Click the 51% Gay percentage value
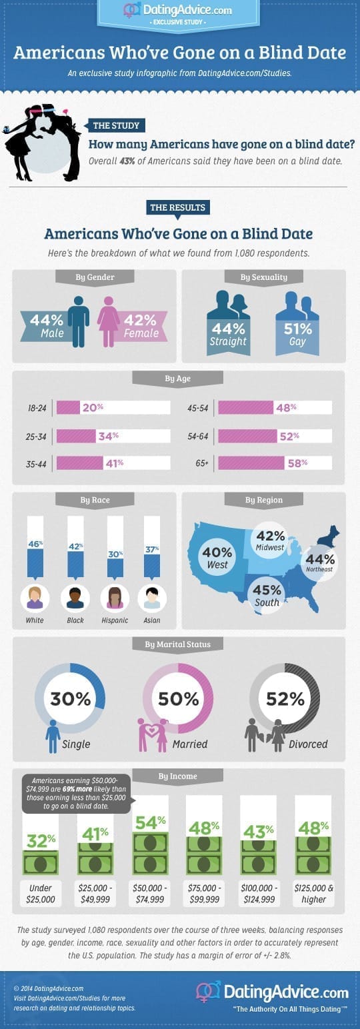298,329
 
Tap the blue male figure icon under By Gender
79,321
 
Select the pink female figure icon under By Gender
109,321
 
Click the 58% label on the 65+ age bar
297,463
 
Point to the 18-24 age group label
37,408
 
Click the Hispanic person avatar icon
115,598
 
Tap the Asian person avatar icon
152,598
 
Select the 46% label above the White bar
35,544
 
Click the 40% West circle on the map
217,557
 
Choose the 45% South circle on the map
267,595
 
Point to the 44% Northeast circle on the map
320,562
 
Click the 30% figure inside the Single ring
71,698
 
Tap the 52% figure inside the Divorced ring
285,698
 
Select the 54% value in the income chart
151,822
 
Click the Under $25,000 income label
41,894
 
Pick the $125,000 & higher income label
314,894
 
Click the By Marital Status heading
177,644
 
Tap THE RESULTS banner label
177,207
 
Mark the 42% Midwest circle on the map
271,540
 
